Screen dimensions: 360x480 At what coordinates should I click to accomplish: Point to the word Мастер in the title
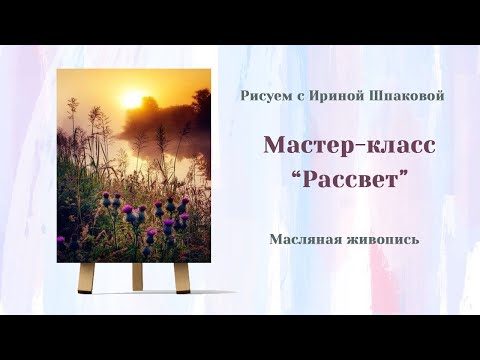[x=303, y=145]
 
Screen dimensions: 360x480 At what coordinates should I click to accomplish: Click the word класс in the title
[x=395, y=145]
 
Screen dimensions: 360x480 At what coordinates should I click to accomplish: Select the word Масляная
[x=303, y=240]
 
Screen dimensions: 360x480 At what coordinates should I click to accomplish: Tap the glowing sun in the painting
[x=132, y=98]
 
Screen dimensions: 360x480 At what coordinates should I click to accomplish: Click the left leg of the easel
[x=88, y=274]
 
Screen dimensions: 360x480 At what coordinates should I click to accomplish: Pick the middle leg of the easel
[x=136, y=276]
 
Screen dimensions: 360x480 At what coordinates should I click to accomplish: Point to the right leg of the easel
[x=183, y=274]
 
